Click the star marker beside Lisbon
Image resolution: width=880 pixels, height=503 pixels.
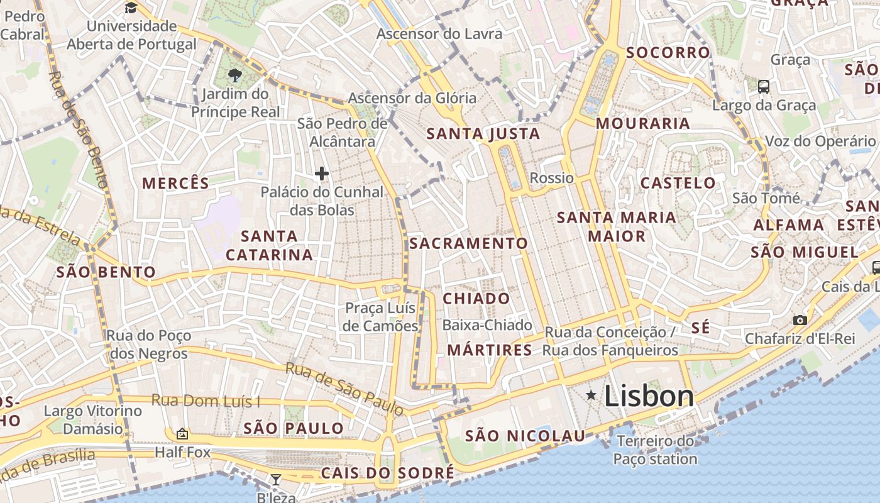591,395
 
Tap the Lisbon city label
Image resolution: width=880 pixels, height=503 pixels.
649,395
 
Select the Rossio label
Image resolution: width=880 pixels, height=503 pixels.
552,178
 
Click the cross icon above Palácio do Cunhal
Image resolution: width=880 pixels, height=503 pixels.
322,174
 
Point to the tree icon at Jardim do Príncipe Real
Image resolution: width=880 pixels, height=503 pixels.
235,76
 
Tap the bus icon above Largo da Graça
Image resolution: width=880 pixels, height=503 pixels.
764,87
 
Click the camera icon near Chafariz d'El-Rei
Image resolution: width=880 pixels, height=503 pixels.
800,320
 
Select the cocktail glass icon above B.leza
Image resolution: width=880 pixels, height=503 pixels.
275,480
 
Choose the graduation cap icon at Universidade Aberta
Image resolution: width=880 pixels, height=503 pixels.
131,8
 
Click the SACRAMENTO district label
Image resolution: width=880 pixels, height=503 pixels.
469,243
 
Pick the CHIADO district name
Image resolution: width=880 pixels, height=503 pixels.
476,299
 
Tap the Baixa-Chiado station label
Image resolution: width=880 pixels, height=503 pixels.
487,325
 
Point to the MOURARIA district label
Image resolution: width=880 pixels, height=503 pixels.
643,123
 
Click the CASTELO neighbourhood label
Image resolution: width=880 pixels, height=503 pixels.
678,183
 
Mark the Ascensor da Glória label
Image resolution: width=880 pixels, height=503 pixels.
412,98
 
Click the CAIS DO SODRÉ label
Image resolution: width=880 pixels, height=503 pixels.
387,473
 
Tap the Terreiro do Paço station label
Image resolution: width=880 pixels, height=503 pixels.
656,450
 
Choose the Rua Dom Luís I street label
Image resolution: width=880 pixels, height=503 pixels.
206,401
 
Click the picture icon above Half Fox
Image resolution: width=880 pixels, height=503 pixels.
182,434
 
